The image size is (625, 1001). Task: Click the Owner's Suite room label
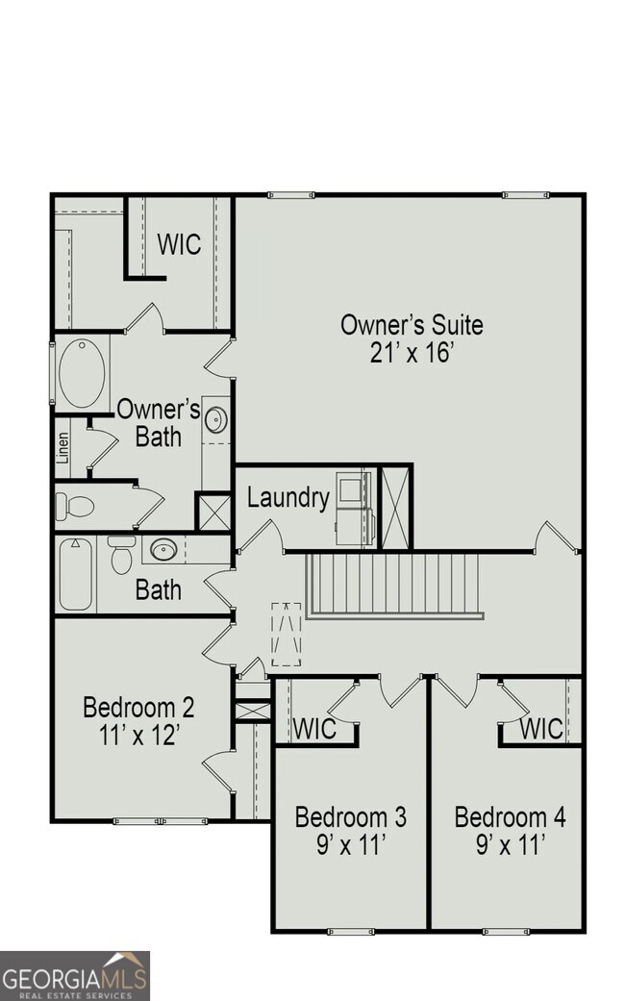click(x=412, y=325)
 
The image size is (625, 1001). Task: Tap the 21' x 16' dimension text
click(x=412, y=353)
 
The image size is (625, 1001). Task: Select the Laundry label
click(x=287, y=498)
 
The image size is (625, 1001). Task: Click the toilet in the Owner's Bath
click(x=75, y=506)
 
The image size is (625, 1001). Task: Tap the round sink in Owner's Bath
click(x=215, y=420)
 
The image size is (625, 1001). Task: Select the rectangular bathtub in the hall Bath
click(x=75, y=574)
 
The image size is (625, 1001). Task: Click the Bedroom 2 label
click(x=138, y=709)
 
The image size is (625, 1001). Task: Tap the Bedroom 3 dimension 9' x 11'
click(x=350, y=846)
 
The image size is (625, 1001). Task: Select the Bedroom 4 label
click(x=510, y=818)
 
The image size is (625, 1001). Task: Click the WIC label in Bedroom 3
click(x=314, y=729)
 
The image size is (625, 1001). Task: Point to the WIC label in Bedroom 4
click(x=541, y=729)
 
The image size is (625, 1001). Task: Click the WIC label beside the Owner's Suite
click(x=180, y=244)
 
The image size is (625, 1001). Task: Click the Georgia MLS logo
click(x=75, y=975)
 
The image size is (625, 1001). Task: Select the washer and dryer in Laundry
click(x=354, y=508)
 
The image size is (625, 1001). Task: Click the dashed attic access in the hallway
click(x=286, y=634)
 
